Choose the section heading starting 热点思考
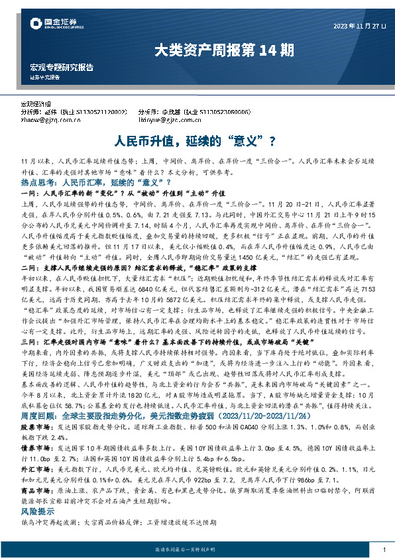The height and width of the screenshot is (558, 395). pos(91,181)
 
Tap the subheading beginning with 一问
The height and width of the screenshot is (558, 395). pos(112,191)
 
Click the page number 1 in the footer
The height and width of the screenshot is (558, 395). pos(384,550)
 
